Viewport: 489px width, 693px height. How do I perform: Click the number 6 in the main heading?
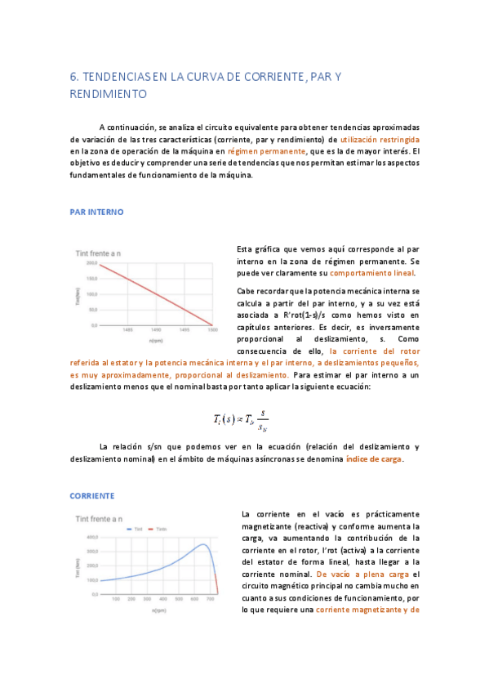[73, 78]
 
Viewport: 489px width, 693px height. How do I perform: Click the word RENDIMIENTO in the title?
[109, 94]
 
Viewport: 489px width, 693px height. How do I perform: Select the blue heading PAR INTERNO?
[96, 212]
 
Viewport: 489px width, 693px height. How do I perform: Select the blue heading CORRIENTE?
[91, 495]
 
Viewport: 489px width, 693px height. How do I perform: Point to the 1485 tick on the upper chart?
[127, 329]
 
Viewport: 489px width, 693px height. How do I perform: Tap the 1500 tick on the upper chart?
[211, 329]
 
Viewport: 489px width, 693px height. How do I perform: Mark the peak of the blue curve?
[203, 544]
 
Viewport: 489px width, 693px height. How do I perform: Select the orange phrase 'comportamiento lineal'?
[371, 273]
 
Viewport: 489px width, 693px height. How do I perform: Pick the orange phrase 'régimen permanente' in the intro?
[239, 151]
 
